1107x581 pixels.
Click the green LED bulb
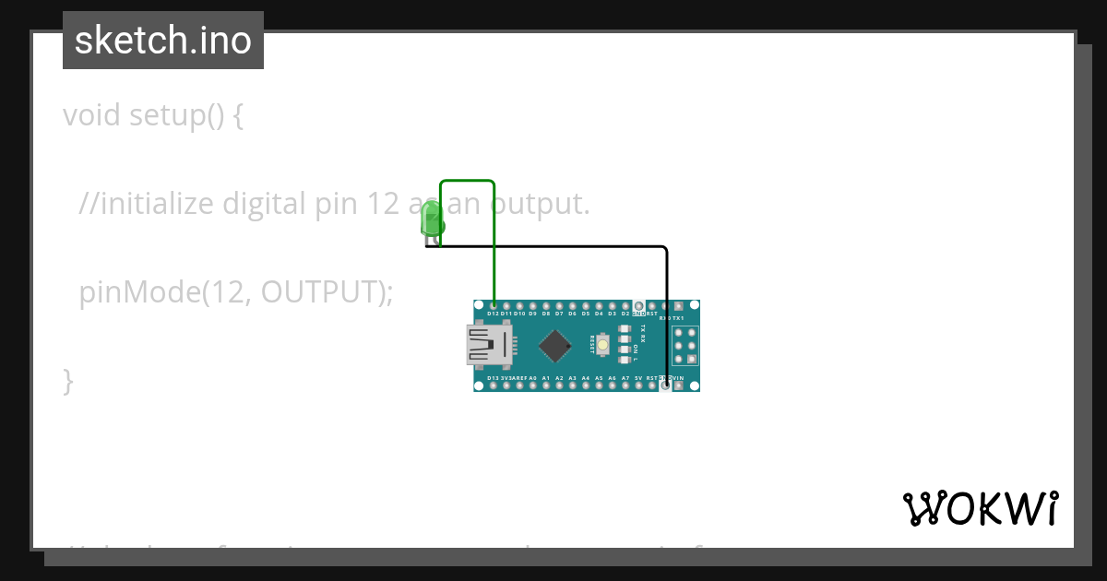coord(431,219)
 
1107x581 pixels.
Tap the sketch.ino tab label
coord(163,41)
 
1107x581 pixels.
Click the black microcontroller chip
coord(554,346)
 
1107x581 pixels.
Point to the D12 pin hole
coord(494,305)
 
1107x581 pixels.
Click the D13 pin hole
coord(494,385)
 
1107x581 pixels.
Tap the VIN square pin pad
coord(679,385)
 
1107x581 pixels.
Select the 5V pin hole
coord(638,385)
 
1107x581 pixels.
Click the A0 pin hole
coord(532,385)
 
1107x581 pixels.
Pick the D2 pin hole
coord(625,305)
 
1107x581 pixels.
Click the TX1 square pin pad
coord(679,305)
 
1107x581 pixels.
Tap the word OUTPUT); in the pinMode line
coord(327,291)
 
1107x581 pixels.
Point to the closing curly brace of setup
coord(67,379)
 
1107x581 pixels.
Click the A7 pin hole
coord(625,385)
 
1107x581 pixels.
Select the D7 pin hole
coord(559,305)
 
